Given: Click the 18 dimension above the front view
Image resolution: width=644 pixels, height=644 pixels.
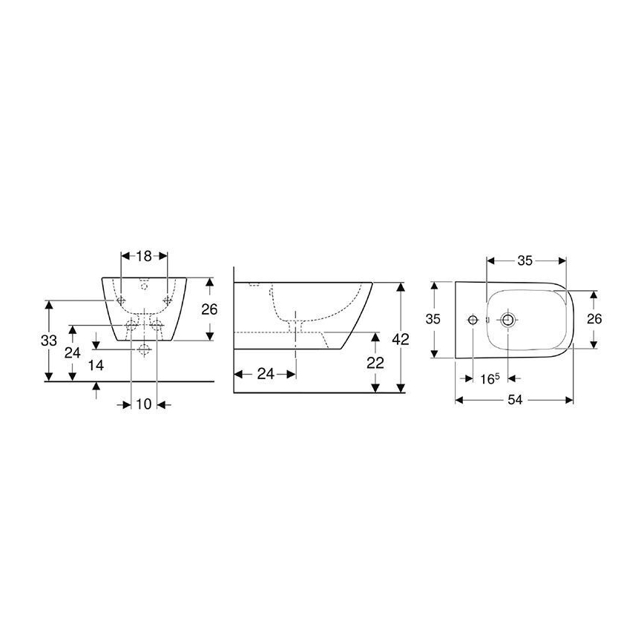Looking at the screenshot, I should click(x=144, y=256).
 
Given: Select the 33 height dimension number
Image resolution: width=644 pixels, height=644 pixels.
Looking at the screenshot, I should click(x=49, y=341).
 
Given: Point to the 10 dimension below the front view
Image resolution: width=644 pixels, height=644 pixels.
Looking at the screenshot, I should click(x=143, y=404).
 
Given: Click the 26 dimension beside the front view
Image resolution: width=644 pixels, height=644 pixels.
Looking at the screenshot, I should click(x=209, y=309).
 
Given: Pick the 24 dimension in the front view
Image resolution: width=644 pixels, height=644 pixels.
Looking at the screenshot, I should click(x=72, y=352).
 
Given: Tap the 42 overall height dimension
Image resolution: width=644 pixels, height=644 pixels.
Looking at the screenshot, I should click(x=401, y=339).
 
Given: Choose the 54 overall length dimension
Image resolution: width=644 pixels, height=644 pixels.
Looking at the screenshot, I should click(x=515, y=400).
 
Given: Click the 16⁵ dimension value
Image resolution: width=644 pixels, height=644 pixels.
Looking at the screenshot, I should click(x=488, y=378).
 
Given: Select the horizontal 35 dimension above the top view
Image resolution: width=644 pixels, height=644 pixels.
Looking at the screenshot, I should click(x=525, y=260).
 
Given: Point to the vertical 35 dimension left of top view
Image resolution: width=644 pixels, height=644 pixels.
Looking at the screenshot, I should click(x=433, y=319).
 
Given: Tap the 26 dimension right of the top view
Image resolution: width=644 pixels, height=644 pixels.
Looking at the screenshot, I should click(x=594, y=319).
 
